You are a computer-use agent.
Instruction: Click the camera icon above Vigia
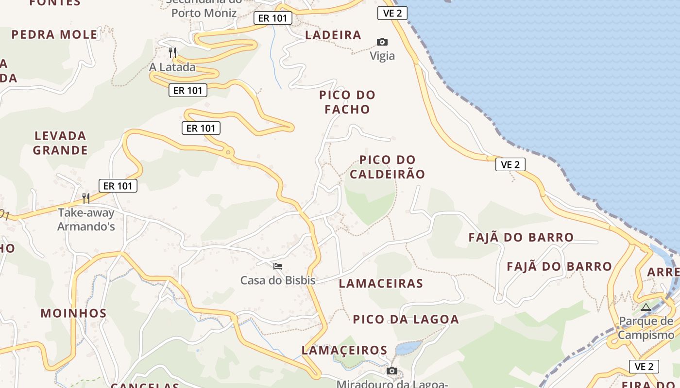coord(382,42)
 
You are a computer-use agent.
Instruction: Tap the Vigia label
coord(382,56)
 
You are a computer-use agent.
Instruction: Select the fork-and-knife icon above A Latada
coord(172,52)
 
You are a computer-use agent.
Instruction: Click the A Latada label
coord(172,67)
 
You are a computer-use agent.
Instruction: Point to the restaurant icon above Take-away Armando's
coord(86,198)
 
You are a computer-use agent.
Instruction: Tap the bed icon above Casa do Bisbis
coord(278,266)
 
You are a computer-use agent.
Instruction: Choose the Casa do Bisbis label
coord(278,280)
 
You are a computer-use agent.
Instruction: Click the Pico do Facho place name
coord(347,102)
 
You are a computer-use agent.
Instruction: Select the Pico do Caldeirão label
coord(388,167)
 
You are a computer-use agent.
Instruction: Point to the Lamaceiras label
coord(381,283)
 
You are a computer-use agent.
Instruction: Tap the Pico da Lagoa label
coord(406,319)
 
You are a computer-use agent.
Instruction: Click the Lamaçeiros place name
coord(344,350)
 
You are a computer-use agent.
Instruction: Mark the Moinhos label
coord(73,313)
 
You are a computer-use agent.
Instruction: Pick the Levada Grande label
coord(60,143)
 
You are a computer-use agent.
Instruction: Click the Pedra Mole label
coord(54,34)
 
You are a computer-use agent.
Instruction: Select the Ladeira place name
coord(333,35)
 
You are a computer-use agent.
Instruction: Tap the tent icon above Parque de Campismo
coord(646,307)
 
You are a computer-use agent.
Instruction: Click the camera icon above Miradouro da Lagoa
coord(391,371)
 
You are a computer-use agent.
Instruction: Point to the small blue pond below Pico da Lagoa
coord(408,348)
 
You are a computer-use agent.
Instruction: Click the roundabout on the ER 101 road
coord(228,153)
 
